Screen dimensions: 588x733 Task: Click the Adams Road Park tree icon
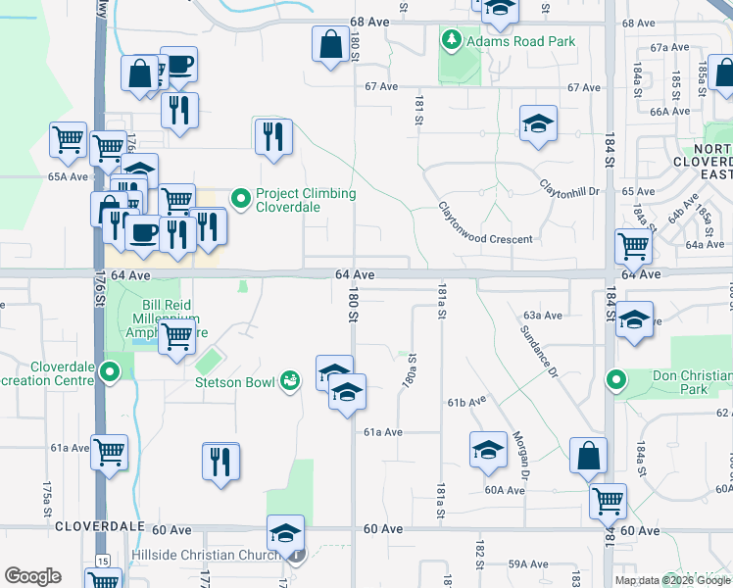452,41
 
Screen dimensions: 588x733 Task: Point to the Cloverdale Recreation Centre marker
111,372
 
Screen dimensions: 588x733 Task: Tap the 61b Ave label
467,402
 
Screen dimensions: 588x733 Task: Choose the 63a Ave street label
542,316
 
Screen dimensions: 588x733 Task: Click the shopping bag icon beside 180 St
330,43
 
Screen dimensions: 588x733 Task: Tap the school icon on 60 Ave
285,533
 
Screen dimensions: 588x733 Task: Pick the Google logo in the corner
32,576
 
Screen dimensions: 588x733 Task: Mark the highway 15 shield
102,561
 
